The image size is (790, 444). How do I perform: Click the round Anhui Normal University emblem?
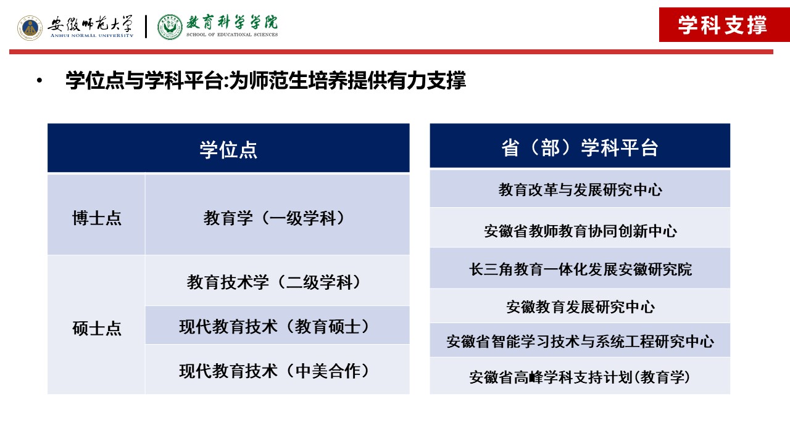30,28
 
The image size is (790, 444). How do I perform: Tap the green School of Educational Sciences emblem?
170,27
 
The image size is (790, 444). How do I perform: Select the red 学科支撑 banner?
724,25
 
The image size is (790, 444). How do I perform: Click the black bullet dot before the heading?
39,81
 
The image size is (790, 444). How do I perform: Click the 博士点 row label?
97,218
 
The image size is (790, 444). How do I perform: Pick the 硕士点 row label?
97,328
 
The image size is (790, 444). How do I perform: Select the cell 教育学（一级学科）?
273,218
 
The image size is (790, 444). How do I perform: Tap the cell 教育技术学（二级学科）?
273,282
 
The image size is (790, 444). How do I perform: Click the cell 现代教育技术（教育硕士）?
273,327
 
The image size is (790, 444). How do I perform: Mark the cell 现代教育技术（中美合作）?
273,371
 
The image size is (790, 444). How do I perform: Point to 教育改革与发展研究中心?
580,189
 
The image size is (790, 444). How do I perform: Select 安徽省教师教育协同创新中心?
580,231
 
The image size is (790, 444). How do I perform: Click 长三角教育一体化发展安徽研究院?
580,269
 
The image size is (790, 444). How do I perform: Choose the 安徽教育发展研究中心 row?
580,307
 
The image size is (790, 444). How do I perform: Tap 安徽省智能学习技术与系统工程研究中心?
580,342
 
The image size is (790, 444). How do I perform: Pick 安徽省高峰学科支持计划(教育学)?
580,377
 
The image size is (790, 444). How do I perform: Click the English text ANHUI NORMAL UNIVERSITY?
92,36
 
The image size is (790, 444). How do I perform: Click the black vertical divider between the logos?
146,27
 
